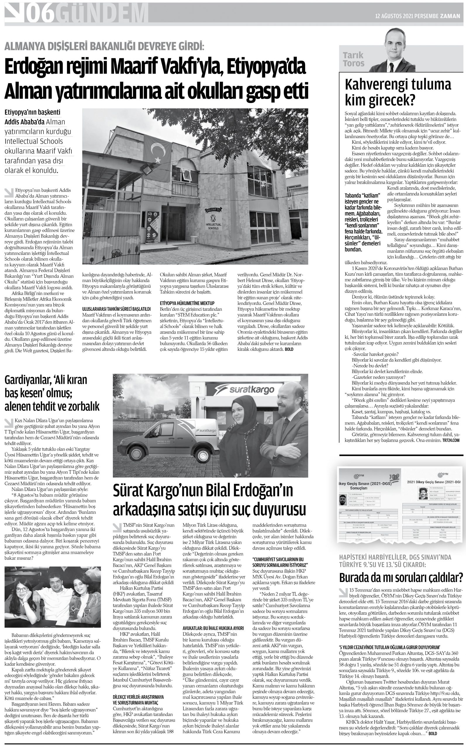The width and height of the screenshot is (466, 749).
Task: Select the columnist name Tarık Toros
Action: click(x=353, y=59)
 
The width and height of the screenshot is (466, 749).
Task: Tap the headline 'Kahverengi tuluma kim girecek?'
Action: click(x=398, y=92)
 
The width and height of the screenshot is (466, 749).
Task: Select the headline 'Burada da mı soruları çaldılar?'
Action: click(x=401, y=577)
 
